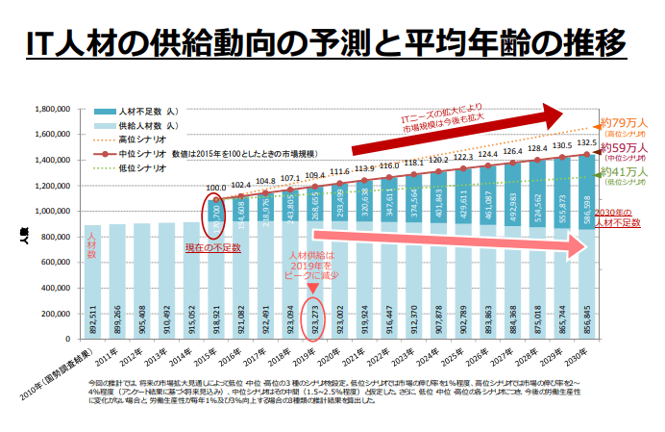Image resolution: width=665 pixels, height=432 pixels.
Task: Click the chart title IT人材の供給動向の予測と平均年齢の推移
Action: [332, 42]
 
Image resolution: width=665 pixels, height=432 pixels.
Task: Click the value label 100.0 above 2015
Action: [216, 189]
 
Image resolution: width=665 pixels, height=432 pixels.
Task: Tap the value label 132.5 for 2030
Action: [587, 142]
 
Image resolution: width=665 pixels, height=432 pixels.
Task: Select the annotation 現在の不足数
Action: [212, 248]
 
